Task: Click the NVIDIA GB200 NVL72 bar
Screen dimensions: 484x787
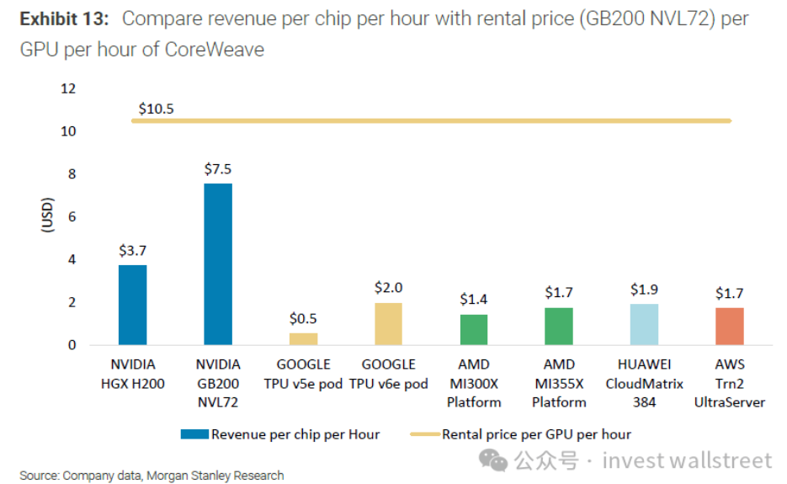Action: [218, 264]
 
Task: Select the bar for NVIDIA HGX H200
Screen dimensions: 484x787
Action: [132, 305]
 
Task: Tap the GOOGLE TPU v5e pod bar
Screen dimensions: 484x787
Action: [304, 338]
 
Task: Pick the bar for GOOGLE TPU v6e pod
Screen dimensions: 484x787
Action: [388, 323]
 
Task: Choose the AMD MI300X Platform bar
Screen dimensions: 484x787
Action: [474, 329]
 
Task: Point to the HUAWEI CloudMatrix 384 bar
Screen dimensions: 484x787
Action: [644, 324]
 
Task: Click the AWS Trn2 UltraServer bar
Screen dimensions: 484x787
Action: [730, 326]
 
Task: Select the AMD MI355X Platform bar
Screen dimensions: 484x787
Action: [559, 326]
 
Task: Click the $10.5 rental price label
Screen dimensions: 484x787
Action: [157, 108]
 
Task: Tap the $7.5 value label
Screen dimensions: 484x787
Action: [218, 168]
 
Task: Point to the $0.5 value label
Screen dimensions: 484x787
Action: [304, 318]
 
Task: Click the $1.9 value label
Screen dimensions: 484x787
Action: [644, 290]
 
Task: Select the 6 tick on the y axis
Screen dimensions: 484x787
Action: [72, 216]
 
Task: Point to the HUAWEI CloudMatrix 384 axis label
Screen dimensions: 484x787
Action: [644, 383]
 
